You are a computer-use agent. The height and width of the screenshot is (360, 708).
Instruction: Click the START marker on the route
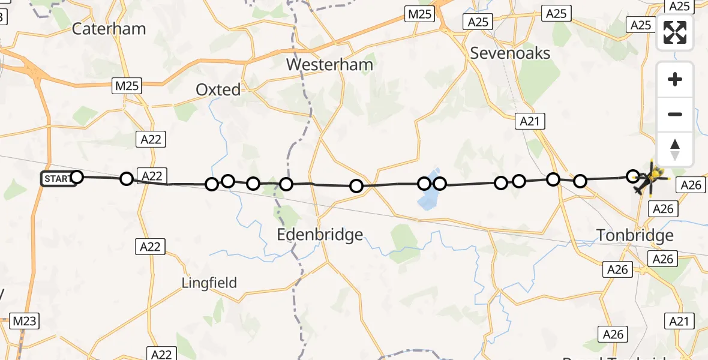pos(58,178)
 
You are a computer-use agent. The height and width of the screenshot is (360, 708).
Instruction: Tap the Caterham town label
pos(109,28)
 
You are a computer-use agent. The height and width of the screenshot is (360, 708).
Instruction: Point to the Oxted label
pos(218,90)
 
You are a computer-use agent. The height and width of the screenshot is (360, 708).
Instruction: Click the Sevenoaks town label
pos(510,53)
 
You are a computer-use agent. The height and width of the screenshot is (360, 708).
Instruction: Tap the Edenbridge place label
pos(320,234)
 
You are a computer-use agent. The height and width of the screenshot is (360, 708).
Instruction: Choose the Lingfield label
pos(209,283)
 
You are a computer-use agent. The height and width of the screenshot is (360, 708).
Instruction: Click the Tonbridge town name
pos(635,235)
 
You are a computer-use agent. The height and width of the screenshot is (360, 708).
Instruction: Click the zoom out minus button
pos(675,114)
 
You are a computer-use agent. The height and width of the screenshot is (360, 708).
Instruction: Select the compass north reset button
pos(675,149)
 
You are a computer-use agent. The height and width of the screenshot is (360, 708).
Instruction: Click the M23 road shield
pos(25,321)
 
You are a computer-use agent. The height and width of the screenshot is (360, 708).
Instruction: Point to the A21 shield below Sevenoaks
pos(530,122)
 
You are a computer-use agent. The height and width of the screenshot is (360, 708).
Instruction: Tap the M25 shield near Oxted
pos(127,86)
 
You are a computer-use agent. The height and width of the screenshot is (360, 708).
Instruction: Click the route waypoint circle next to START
pos(77,176)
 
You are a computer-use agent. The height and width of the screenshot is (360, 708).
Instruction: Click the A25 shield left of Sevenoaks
pos(478,22)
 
